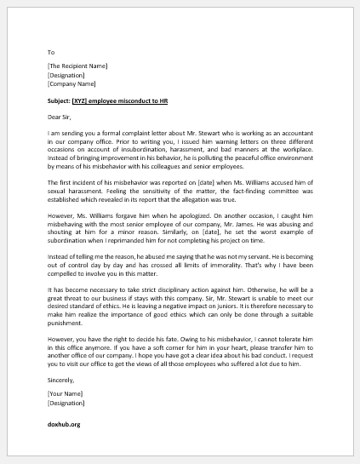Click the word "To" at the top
[x=51, y=51]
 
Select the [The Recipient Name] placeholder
[x=78, y=66]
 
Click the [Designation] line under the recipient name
[x=66, y=75]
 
